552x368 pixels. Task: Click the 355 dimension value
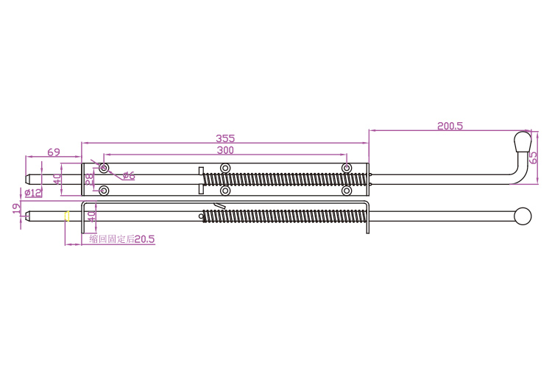225,138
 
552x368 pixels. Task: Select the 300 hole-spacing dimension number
225,150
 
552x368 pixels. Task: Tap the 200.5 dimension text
450,126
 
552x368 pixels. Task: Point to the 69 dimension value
54,152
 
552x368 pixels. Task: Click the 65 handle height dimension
534,158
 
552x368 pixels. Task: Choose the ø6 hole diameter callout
129,175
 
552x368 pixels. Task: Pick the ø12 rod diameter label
33,193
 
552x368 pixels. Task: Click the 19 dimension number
16,208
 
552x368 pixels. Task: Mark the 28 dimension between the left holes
89,179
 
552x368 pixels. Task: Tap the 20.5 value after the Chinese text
145,239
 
